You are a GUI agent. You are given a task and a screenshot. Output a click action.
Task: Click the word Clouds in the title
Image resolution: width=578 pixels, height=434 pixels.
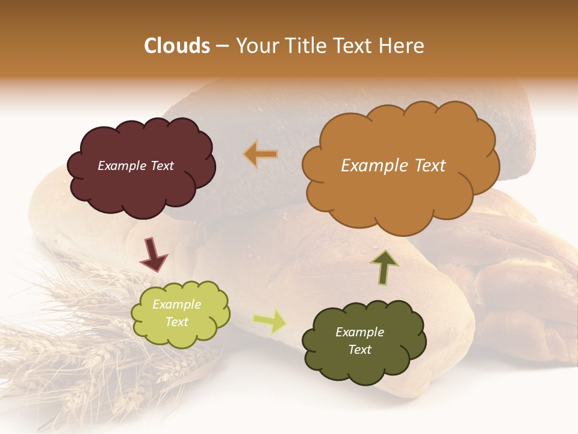177,46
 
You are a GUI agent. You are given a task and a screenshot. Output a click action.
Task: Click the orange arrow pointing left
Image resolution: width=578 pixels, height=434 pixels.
261,155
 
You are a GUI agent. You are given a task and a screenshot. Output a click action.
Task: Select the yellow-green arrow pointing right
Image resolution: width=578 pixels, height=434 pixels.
269,321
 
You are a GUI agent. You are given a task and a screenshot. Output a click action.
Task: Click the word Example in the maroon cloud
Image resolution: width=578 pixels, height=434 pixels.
122,166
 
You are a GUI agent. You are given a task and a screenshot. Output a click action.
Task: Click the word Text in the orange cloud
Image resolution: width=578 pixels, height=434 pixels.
426,166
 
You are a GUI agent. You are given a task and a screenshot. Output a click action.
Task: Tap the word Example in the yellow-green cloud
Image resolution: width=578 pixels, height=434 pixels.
176,304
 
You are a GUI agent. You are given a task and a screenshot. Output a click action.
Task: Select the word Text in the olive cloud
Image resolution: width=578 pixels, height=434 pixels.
359,350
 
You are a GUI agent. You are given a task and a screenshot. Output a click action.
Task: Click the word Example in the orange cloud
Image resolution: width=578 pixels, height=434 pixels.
373,166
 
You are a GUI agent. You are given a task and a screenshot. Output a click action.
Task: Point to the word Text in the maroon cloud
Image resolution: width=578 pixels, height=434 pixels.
161,166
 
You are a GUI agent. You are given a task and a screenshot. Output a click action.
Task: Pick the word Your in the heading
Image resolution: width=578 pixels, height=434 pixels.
254,46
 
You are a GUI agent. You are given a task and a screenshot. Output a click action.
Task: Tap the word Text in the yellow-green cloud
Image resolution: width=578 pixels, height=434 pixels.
176,322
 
